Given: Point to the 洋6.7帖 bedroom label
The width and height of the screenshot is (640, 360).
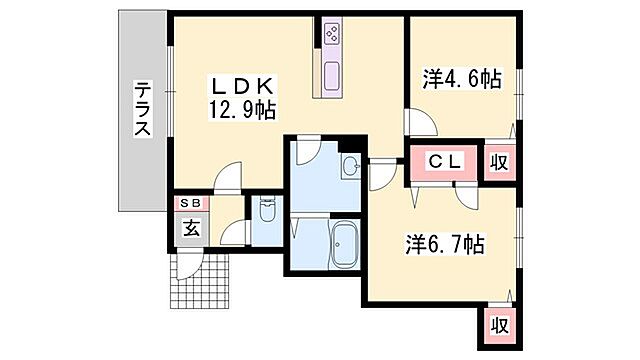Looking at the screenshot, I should [445, 244].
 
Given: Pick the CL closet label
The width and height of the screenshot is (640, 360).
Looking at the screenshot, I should [445, 161].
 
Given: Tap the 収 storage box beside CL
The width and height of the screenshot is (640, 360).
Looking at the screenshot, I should [498, 161].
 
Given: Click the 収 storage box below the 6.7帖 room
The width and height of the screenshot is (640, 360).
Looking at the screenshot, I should [498, 325].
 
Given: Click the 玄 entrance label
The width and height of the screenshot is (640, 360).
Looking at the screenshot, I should [190, 227].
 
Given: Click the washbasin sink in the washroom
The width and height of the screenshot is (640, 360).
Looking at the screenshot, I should [350, 166].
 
